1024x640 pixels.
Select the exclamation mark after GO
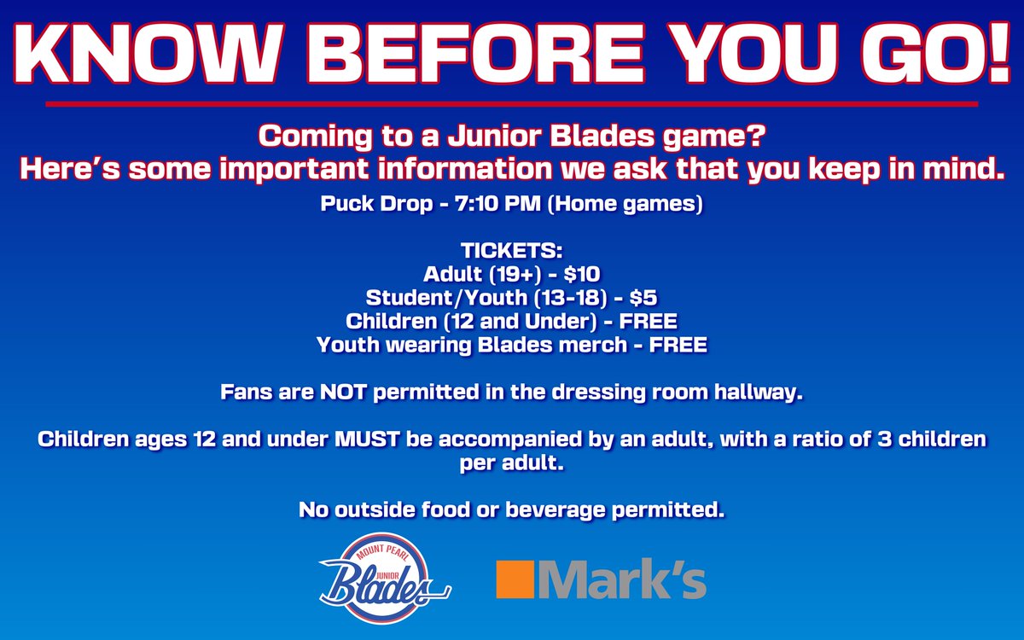[995, 53]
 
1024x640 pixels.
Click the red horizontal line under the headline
[512, 104]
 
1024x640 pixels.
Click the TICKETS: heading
[511, 251]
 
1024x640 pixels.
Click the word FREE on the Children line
[648, 322]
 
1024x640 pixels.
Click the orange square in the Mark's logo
[514, 579]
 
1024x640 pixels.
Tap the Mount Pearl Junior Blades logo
[384, 575]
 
